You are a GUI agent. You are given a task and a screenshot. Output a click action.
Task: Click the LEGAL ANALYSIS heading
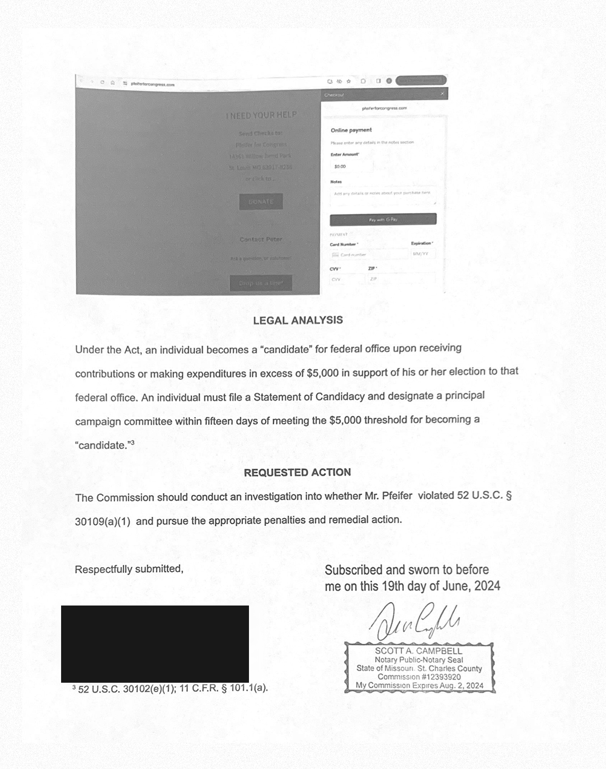click(x=297, y=320)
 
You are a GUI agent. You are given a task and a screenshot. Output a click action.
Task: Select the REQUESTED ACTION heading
click(x=297, y=472)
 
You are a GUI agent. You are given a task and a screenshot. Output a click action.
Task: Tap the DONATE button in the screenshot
click(x=261, y=202)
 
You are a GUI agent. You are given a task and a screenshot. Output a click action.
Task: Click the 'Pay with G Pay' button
click(x=383, y=219)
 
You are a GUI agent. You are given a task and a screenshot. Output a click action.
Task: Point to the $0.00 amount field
click(x=351, y=166)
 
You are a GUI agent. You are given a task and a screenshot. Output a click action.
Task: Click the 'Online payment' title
click(x=351, y=130)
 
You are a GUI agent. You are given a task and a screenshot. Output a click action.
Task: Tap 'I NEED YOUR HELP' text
click(x=261, y=116)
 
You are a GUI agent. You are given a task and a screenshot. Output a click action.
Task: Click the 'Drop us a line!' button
click(x=261, y=283)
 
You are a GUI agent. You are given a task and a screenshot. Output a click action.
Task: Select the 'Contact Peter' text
click(x=261, y=239)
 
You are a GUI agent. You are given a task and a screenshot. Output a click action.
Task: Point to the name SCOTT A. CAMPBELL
click(x=418, y=651)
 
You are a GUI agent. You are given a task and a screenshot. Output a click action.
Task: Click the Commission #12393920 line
click(x=419, y=677)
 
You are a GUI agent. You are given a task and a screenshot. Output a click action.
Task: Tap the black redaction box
click(x=155, y=643)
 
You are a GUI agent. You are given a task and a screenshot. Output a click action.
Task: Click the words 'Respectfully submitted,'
click(x=129, y=569)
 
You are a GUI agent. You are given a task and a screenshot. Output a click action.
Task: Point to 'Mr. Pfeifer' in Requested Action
click(x=388, y=496)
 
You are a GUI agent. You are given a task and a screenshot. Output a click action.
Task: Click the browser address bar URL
click(x=152, y=84)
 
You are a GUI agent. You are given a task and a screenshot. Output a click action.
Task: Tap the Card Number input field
click(x=371, y=255)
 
